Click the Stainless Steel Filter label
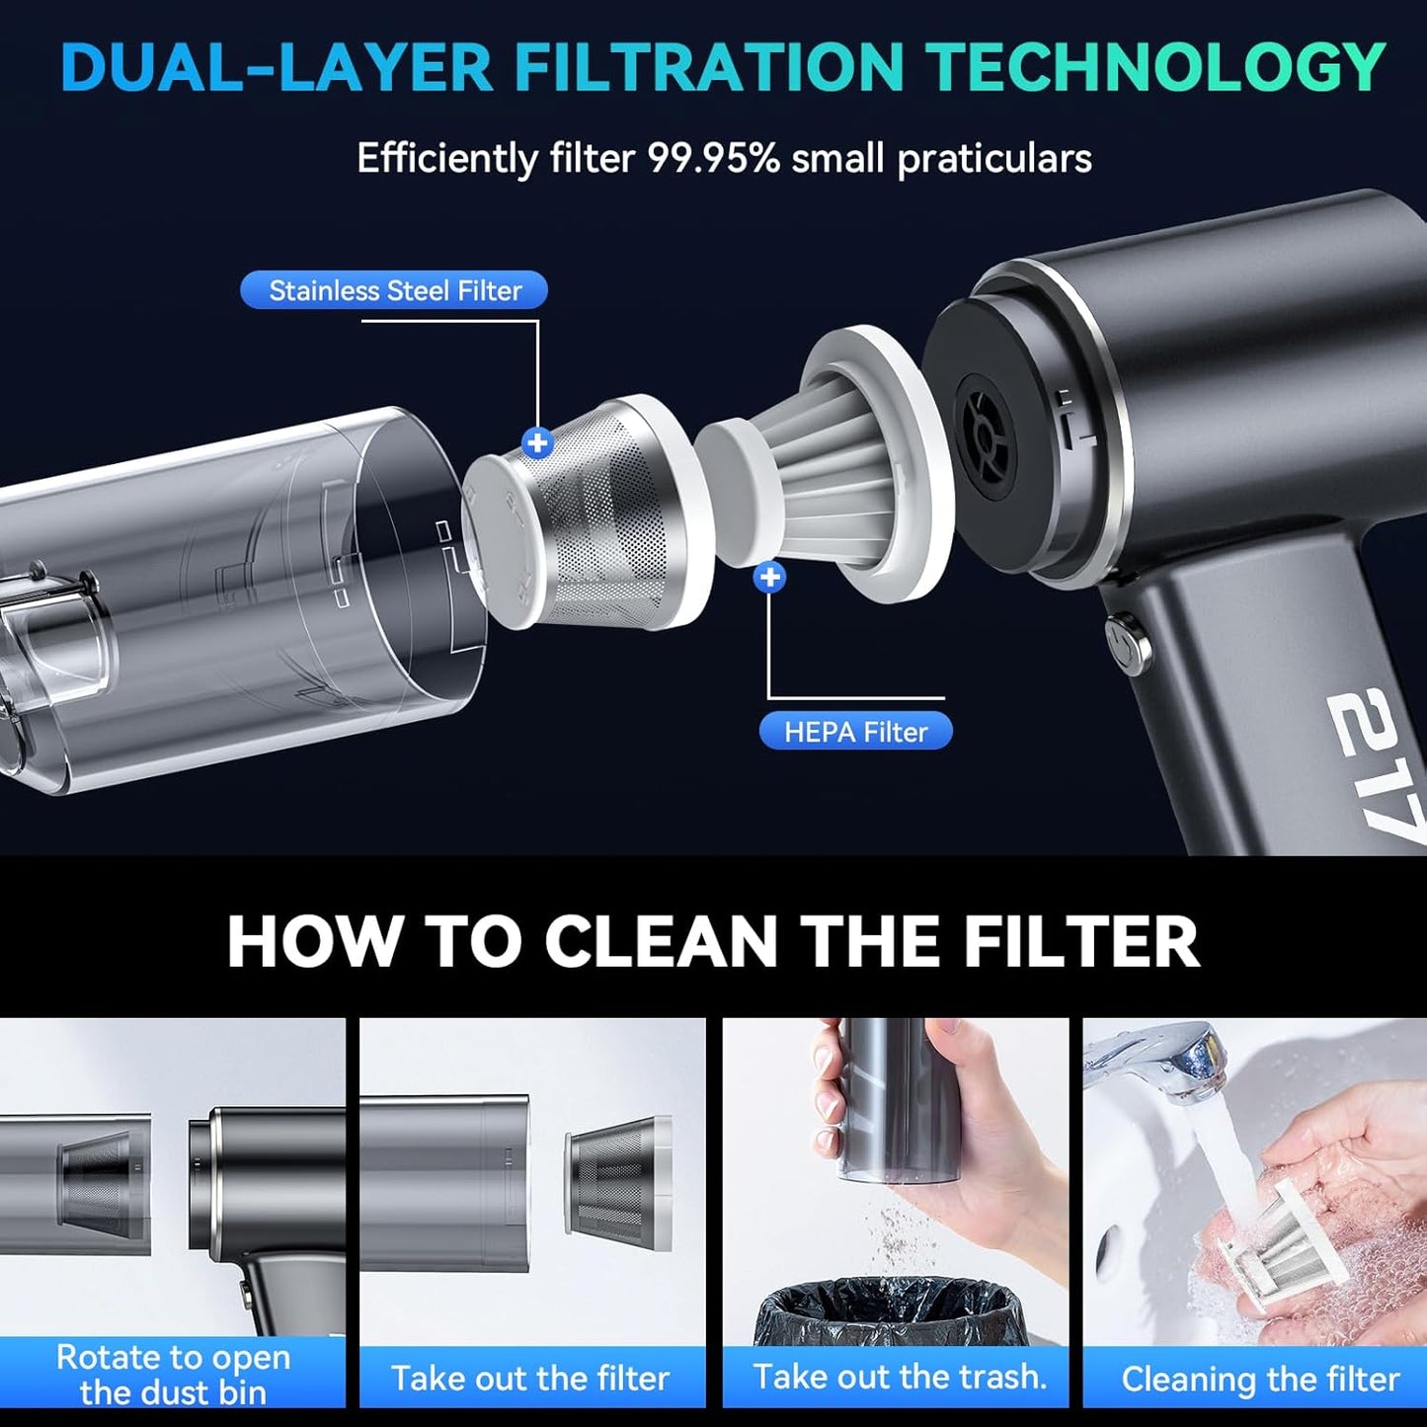[394, 290]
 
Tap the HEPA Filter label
[855, 732]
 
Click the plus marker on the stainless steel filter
[537, 442]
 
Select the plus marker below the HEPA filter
[769, 577]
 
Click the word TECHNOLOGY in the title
[1155, 67]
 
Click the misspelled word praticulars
[993, 159]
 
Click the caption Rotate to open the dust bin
[173, 1374]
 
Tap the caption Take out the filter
[530, 1378]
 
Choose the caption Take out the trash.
[899, 1376]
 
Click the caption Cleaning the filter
[1260, 1379]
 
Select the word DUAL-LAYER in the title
[277, 67]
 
